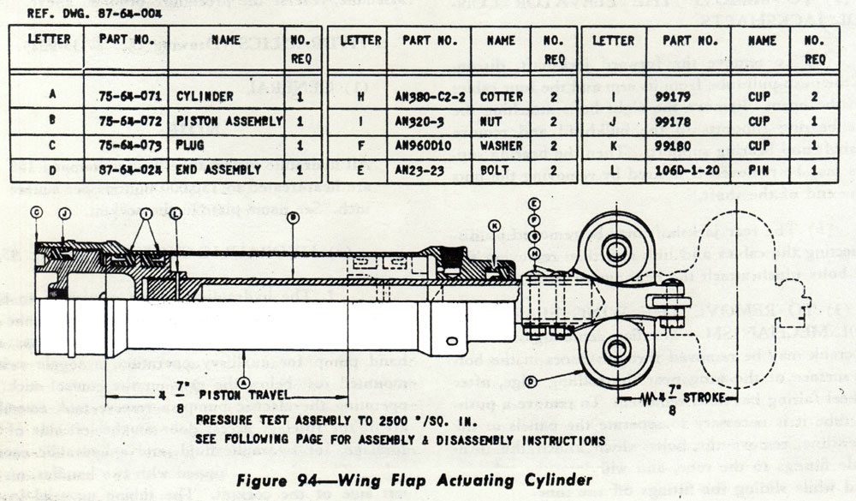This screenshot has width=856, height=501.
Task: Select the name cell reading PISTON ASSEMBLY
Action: click(229, 122)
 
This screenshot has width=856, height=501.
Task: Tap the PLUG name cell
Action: click(193, 146)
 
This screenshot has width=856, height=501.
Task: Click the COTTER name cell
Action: click(500, 97)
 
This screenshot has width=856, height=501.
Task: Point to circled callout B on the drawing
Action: click(293, 218)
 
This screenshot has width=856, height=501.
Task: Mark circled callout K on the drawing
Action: click(494, 224)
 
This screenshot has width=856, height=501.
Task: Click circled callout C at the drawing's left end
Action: click(36, 212)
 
